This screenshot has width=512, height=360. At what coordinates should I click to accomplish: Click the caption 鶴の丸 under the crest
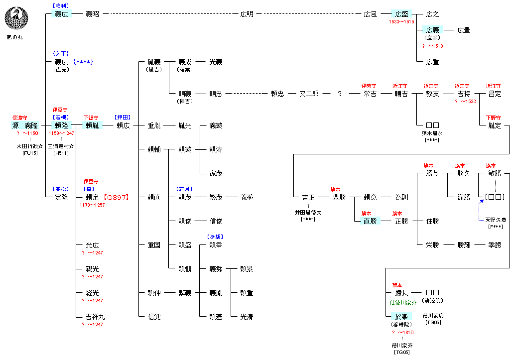click(13, 37)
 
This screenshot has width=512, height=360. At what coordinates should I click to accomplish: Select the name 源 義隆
click(25, 125)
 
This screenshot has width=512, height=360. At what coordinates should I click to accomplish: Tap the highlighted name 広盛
click(401, 14)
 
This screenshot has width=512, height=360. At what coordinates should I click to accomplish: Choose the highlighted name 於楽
click(401, 317)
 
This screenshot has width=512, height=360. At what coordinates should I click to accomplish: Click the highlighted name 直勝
click(370, 221)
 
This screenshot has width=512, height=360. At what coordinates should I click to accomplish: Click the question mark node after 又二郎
click(340, 94)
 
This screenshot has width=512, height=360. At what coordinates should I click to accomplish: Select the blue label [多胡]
click(215, 237)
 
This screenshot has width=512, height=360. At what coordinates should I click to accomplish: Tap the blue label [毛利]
click(61, 5)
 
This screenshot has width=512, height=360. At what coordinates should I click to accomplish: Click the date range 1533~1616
click(401, 22)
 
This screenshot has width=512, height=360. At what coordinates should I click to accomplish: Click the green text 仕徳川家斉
click(403, 302)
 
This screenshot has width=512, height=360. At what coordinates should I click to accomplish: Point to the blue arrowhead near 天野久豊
click(482, 202)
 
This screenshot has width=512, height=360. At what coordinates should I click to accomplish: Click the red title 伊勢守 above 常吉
click(369, 86)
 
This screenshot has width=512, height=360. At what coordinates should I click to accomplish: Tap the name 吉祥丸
click(95, 317)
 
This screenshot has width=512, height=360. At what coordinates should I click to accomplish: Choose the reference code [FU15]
click(29, 153)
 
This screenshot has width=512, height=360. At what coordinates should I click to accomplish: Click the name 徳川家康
click(432, 315)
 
